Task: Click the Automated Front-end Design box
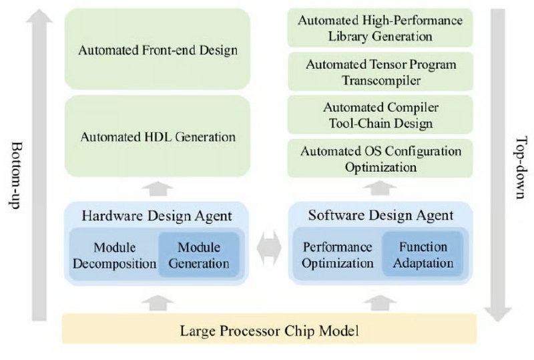point(158,49)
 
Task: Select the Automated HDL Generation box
point(158,136)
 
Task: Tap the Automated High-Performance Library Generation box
point(380,28)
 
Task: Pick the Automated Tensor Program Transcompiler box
point(380,71)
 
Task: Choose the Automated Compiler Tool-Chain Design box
point(380,115)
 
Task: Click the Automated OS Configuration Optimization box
point(380,158)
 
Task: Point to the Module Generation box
point(199,255)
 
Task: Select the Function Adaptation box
point(423,254)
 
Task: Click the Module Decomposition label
point(114,255)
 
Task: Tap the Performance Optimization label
point(338,255)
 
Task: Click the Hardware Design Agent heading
point(157,216)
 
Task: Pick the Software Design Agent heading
point(380,215)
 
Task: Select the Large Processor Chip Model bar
point(269,329)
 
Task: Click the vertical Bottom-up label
point(15,175)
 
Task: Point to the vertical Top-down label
point(519,168)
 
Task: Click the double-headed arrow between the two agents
point(269,248)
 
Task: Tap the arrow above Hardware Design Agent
point(158,188)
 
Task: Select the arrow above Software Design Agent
point(380,188)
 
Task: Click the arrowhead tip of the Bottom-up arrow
point(39,9)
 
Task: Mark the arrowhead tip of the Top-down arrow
point(497,321)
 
